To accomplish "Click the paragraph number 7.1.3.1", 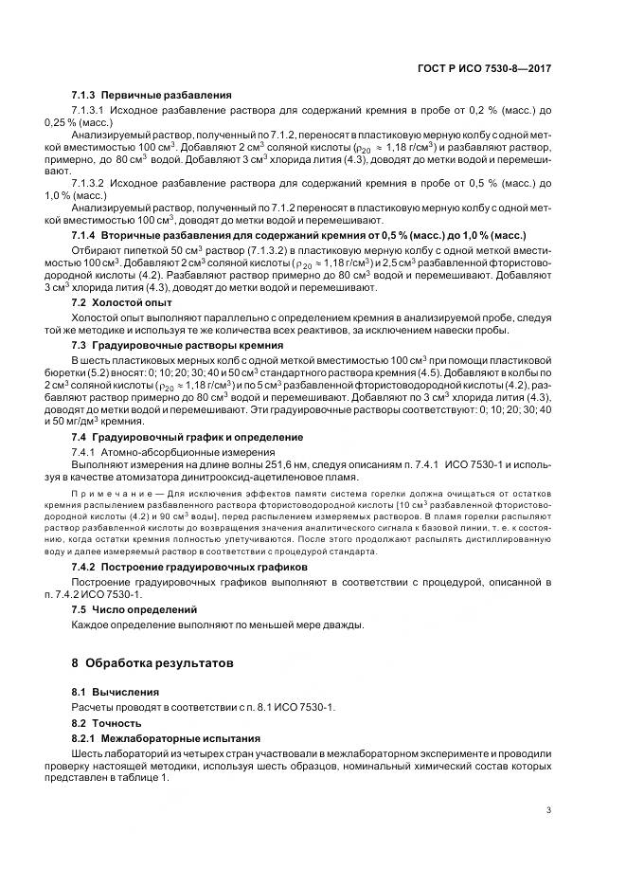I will [91, 111].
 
